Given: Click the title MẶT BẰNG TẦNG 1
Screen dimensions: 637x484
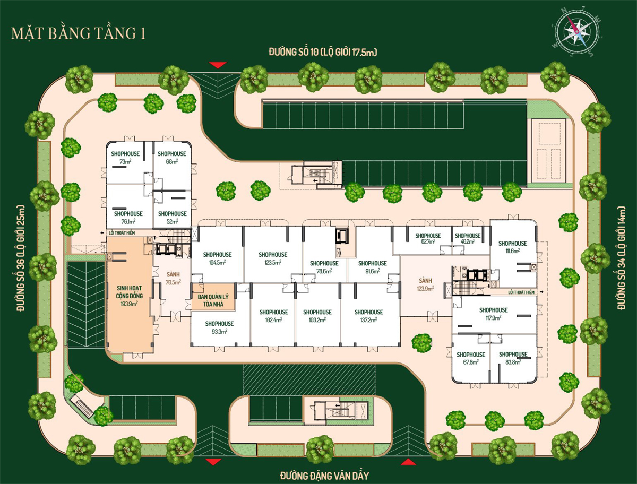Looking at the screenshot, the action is coord(79,33).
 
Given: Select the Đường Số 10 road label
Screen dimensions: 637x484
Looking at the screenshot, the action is coord(323,52).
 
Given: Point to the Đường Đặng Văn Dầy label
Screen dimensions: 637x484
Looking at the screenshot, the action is coord(324,476).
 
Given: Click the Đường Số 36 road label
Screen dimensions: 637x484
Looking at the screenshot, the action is coord(21,258).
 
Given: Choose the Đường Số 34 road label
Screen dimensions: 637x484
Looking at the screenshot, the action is coord(621,258).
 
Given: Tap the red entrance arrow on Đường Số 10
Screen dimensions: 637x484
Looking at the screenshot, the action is coord(218,65).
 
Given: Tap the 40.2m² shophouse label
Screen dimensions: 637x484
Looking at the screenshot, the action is coord(468,238).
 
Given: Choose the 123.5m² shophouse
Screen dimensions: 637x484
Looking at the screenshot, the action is coord(273,255).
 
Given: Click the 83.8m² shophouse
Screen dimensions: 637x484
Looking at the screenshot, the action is coord(513,358).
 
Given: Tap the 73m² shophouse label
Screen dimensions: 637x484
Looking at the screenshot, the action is coord(125,158).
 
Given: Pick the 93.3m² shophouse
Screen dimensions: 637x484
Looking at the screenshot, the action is coord(219,327).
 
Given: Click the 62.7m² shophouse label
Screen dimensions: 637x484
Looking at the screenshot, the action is coord(428,238).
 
